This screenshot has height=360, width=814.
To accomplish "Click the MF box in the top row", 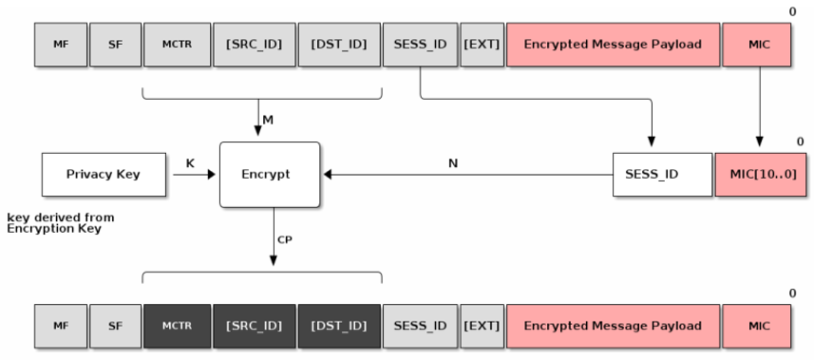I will (61, 45).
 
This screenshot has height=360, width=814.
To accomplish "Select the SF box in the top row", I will (115, 45).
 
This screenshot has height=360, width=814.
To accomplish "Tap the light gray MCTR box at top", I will (177, 45).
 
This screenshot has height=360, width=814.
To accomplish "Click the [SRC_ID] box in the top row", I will (254, 45).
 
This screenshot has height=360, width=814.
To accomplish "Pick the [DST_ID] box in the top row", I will (338, 45).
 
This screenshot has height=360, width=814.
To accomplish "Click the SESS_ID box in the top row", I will (420, 45).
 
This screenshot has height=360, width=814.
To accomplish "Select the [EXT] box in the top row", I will (482, 45).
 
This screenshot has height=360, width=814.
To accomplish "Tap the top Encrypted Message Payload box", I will (613, 45).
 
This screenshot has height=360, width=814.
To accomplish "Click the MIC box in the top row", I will (758, 45).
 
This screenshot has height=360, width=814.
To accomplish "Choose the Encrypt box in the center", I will (269, 175).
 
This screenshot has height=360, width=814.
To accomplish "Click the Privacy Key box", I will (103, 175).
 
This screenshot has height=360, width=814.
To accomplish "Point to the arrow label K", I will (190, 163).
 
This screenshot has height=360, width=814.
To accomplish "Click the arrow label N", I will (452, 163).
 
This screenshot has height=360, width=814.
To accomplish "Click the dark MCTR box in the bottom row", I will (177, 326).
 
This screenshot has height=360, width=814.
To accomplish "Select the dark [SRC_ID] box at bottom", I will (254, 326).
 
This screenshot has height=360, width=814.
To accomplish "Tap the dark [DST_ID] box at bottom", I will (338, 326).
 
